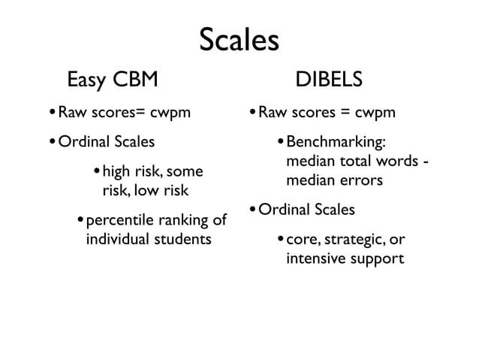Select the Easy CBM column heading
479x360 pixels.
click(x=113, y=79)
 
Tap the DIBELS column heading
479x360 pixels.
click(x=330, y=79)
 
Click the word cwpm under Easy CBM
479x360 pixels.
click(x=171, y=115)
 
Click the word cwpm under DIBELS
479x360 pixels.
click(x=375, y=115)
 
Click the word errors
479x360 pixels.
click(x=363, y=181)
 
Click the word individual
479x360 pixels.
click(x=117, y=240)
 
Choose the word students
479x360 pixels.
click(x=182, y=240)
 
